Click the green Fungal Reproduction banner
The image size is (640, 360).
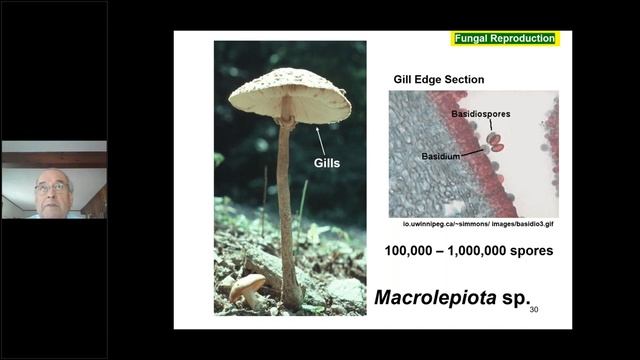click(505, 38)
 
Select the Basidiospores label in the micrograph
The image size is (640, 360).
click(480, 114)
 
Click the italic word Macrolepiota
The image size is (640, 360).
click(434, 298)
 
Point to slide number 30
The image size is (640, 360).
click(534, 310)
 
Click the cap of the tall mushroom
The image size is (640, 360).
click(289, 92)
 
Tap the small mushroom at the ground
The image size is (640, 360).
click(247, 287)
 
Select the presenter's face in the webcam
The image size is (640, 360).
click(52, 190)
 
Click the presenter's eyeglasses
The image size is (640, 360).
click(52, 186)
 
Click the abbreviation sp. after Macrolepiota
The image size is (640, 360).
click(510, 298)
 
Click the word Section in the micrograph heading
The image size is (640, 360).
click(464, 79)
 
